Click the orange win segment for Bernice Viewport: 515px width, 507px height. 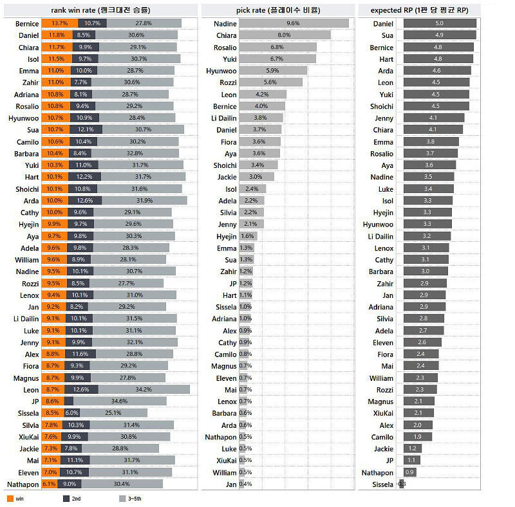[x=55, y=23]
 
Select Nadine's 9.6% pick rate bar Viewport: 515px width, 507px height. [x=294, y=23]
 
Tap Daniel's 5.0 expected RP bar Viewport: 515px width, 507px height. [x=440, y=23]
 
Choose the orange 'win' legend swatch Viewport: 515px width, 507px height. [x=10, y=499]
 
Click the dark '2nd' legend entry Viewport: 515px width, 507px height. [x=66, y=499]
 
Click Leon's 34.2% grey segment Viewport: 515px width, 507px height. [x=144, y=389]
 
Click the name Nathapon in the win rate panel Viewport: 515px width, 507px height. [x=23, y=484]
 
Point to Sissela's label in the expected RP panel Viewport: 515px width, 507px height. [x=382, y=484]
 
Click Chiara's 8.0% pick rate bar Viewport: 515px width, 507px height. [x=285, y=35]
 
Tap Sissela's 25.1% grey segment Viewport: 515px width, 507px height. [x=113, y=413]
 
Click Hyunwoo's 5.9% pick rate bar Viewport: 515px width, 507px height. [x=273, y=71]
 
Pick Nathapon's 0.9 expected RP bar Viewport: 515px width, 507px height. [x=409, y=472]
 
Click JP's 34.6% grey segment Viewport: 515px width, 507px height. [x=115, y=401]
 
